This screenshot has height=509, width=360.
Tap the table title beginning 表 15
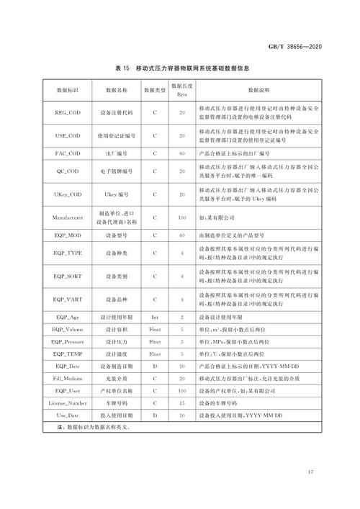(x=181, y=68)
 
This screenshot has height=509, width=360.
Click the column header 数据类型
(x=155, y=91)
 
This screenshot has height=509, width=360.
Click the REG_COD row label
(x=69, y=114)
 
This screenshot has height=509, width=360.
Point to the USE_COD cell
(x=69, y=135)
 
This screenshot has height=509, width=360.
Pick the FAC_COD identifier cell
(x=69, y=153)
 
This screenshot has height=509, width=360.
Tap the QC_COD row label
(x=69, y=172)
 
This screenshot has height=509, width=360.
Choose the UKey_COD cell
(x=69, y=194)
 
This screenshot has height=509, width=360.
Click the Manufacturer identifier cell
(x=69, y=217)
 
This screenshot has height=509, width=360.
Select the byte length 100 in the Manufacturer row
(x=182, y=217)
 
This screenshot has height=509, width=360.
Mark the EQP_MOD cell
(x=69, y=235)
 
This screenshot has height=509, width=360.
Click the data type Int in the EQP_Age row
(x=155, y=317)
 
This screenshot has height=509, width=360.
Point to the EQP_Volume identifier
(x=69, y=329)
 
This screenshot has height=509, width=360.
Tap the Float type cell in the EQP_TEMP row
(x=155, y=354)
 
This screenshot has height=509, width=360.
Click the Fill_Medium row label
(x=69, y=379)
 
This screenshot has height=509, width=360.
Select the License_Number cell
(x=69, y=404)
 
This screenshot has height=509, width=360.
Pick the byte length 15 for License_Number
(x=182, y=404)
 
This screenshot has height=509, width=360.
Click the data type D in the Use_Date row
(x=155, y=416)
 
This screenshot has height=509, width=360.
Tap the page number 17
(x=310, y=472)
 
